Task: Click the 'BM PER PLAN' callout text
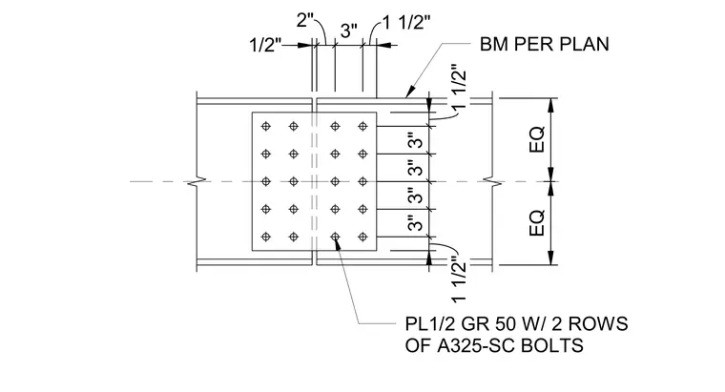point(544,45)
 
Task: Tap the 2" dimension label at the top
point(305,20)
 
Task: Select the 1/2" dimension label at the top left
point(265,45)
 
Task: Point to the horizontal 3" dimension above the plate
point(349,31)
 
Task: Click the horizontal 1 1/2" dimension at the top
point(406,22)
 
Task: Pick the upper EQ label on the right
point(537,139)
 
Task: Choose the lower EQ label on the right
point(537,223)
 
